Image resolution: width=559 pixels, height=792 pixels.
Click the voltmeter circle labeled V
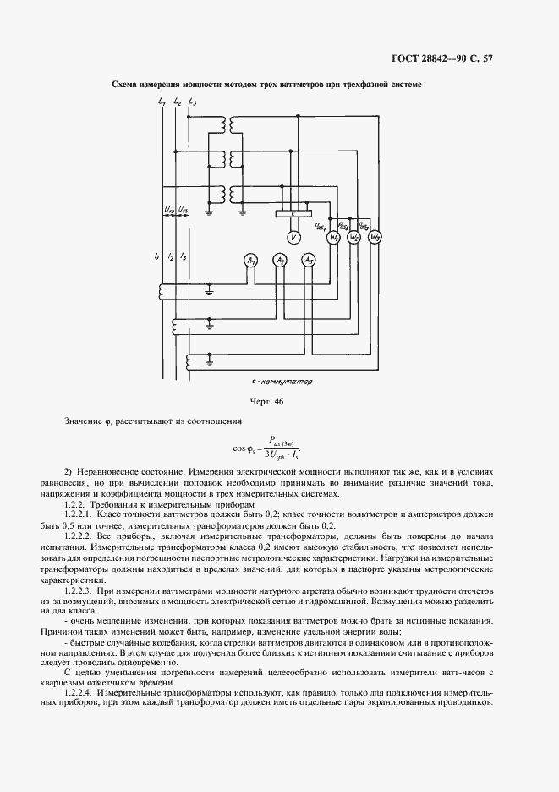click(x=293, y=238)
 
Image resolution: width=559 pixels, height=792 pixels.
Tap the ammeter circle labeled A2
click(x=280, y=261)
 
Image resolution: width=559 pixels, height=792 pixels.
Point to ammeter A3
click(x=310, y=261)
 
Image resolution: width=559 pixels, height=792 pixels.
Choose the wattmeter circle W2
click(x=355, y=238)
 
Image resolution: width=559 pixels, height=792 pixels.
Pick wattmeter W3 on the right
click(x=376, y=238)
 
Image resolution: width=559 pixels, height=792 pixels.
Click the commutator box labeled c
click(x=293, y=214)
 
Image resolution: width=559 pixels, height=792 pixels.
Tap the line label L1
click(x=162, y=102)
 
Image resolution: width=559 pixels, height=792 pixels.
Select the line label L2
click(x=176, y=102)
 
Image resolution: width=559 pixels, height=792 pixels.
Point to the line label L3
click(x=191, y=102)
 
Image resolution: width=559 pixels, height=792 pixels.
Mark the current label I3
click(x=184, y=256)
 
